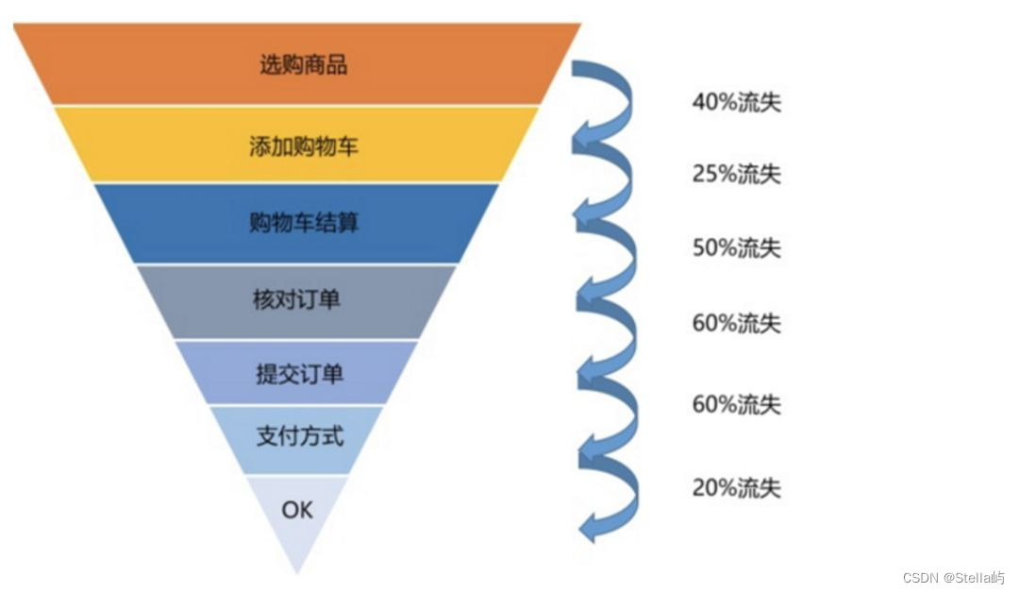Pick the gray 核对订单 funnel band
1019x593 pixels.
click(x=297, y=301)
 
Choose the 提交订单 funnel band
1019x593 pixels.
click(x=297, y=373)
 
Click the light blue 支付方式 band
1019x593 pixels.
click(x=297, y=437)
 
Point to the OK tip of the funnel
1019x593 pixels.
click(x=297, y=511)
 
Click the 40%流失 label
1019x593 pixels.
click(x=736, y=101)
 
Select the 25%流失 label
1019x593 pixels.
click(x=736, y=174)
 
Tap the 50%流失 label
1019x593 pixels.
click(x=736, y=247)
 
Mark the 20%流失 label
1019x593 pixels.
click(x=736, y=487)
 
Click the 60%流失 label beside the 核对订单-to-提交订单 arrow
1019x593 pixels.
click(x=736, y=323)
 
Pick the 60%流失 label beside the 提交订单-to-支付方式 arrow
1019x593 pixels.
click(x=736, y=404)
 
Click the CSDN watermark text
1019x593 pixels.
click(x=953, y=578)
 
